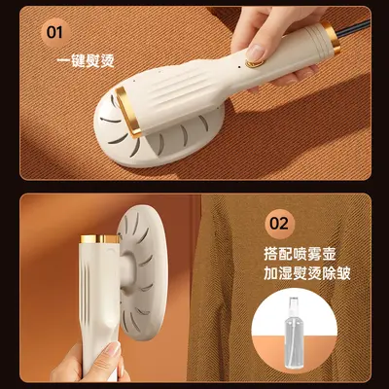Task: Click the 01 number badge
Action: click(x=54, y=33)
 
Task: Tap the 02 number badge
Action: click(x=279, y=224)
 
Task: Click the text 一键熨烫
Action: click(x=86, y=61)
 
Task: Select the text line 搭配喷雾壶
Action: click(x=300, y=254)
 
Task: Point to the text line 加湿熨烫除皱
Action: click(x=306, y=273)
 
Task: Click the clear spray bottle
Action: click(x=294, y=333)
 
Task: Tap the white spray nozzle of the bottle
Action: click(x=294, y=304)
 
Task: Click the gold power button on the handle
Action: click(x=254, y=62)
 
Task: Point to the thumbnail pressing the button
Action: click(x=255, y=52)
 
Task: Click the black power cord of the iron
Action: click(x=354, y=28)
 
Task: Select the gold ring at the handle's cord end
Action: click(x=332, y=37)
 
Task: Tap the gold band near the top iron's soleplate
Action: click(x=129, y=112)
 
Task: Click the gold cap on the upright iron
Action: click(x=100, y=239)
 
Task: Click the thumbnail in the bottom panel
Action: click(x=113, y=350)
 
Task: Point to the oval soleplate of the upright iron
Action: click(x=143, y=272)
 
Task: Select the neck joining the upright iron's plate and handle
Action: click(x=127, y=271)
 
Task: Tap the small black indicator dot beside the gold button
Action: click(x=239, y=67)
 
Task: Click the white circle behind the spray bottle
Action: click(x=294, y=330)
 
